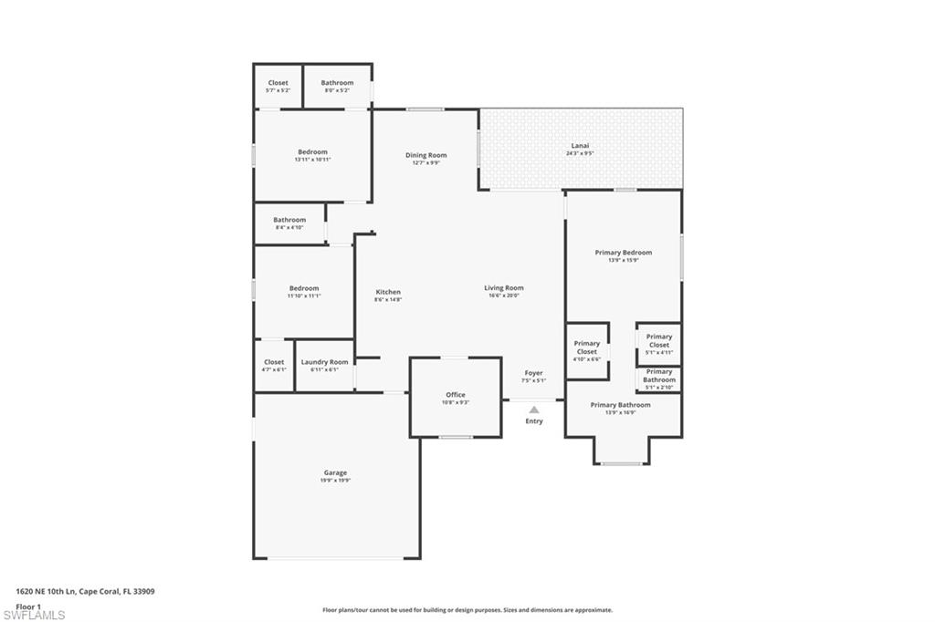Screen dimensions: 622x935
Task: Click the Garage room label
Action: click(x=335, y=472)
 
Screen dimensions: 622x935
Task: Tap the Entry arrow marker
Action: click(x=534, y=410)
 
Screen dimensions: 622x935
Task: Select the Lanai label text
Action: click(x=580, y=146)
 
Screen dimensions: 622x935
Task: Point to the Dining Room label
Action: click(x=425, y=155)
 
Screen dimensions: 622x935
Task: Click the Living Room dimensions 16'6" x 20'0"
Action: click(x=503, y=295)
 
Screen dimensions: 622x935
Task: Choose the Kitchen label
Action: click(x=388, y=292)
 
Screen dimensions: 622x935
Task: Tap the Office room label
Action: click(x=455, y=395)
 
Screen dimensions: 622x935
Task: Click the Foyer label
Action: click(x=533, y=373)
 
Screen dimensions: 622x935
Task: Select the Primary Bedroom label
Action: click(x=624, y=253)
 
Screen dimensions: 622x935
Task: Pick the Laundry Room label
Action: click(x=325, y=362)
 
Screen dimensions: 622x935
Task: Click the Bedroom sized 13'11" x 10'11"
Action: click(x=312, y=152)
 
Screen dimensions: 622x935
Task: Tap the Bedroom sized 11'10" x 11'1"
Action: click(x=304, y=288)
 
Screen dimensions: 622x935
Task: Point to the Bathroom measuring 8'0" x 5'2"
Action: click(x=337, y=83)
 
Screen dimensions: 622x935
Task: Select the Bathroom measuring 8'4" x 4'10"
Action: click(x=289, y=220)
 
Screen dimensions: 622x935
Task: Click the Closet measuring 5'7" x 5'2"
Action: click(x=278, y=83)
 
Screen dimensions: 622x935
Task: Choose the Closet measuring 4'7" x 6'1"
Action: click(x=274, y=362)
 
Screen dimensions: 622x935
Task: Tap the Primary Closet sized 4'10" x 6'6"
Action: click(x=587, y=347)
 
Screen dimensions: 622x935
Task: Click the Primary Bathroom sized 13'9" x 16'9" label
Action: click(x=621, y=405)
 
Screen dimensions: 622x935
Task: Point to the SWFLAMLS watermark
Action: click(x=34, y=615)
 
